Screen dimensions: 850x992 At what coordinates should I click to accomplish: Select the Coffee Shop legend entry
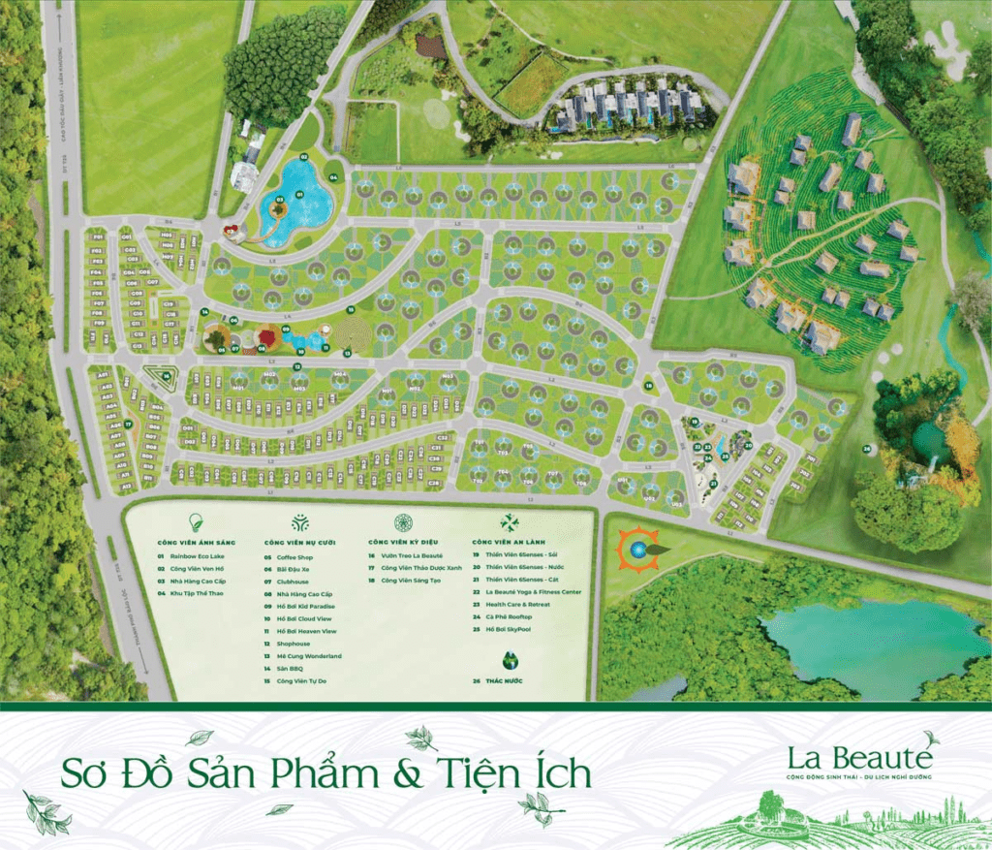tap(292, 557)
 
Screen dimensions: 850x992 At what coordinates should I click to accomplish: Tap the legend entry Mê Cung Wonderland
tap(308, 656)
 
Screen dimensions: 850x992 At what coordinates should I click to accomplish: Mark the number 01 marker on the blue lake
tap(299, 195)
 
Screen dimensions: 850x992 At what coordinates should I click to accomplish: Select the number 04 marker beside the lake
tap(332, 178)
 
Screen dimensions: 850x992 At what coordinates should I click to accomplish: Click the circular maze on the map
tap(353, 335)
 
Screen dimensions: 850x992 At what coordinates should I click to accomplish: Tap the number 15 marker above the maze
tap(351, 309)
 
